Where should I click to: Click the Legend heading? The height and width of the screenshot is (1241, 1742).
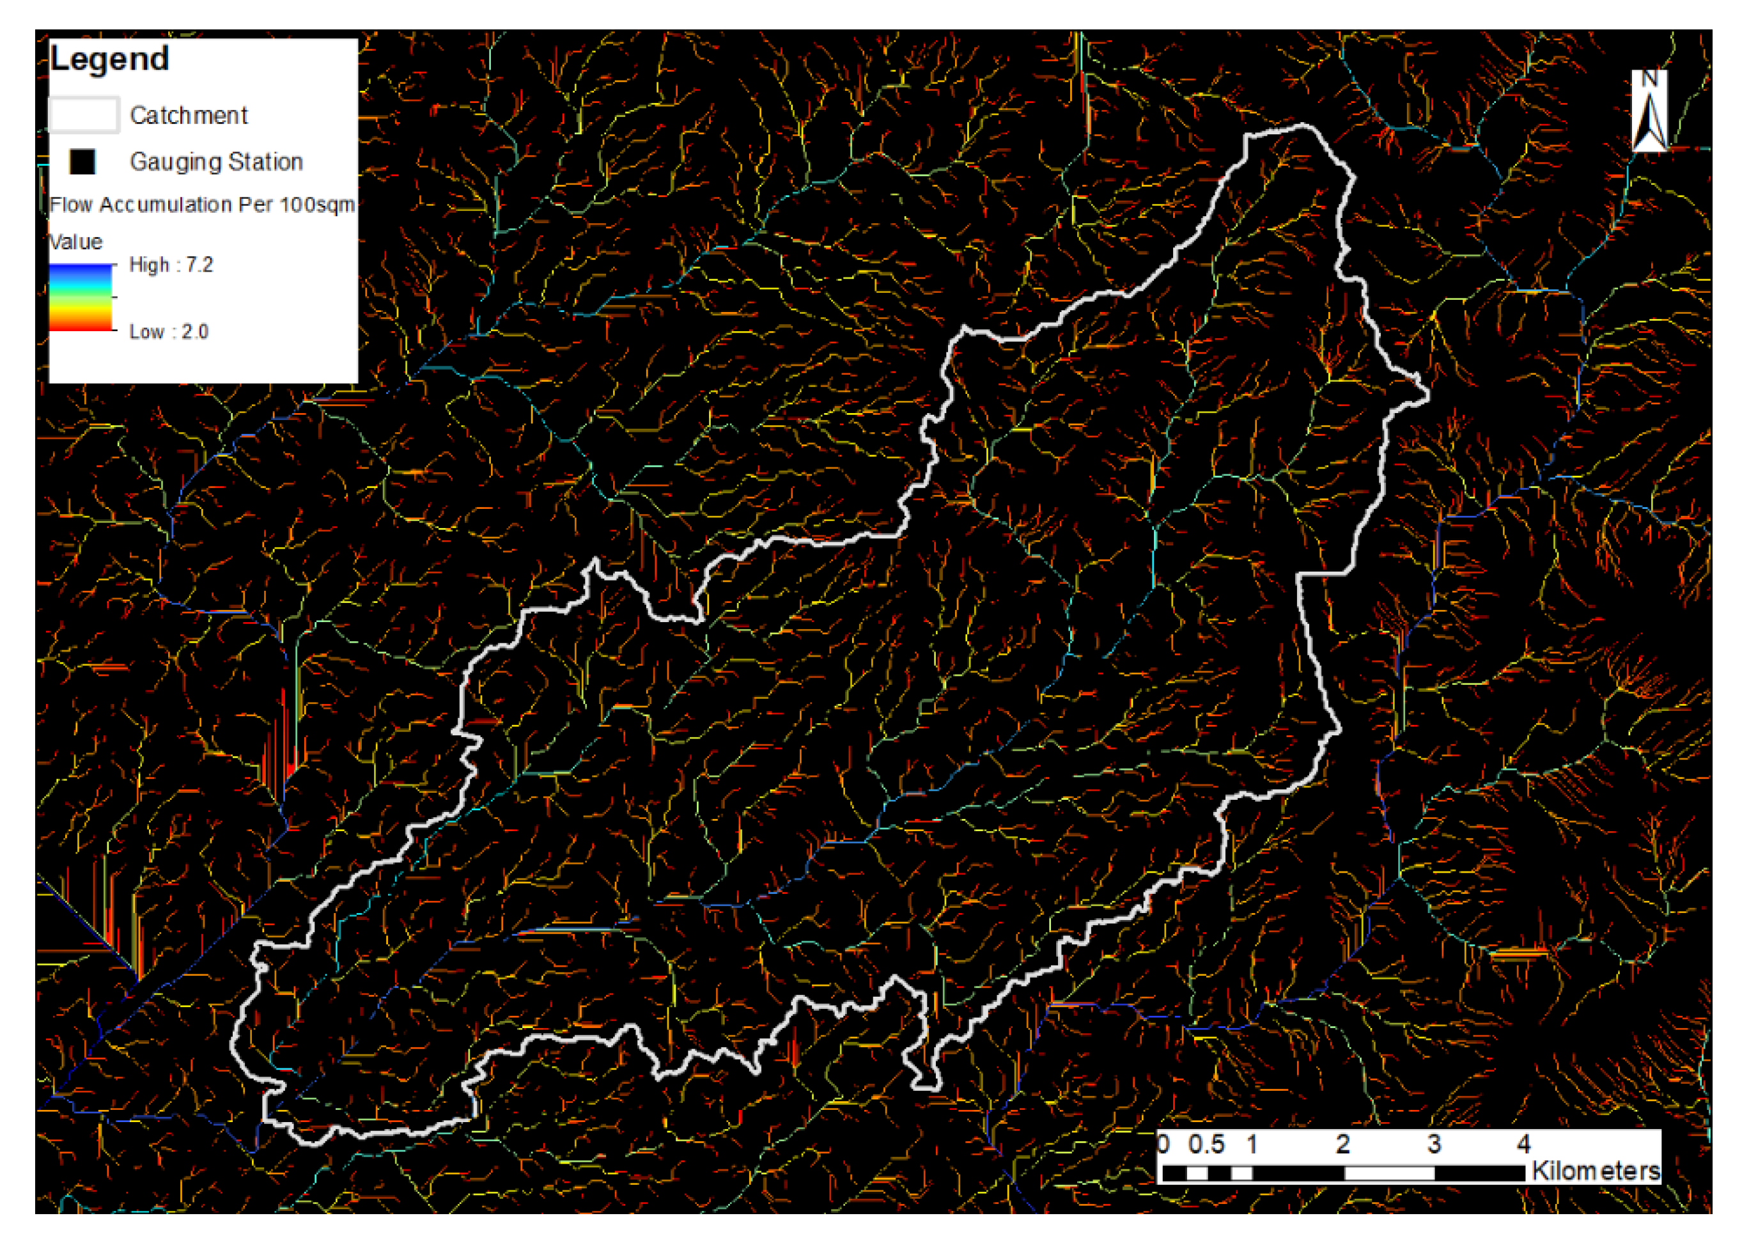[x=109, y=59]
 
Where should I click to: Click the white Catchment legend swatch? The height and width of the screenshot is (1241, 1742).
[x=84, y=115]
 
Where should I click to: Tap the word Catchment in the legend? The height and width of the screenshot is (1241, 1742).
[x=189, y=115]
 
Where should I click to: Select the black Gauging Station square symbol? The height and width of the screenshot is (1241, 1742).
[x=82, y=161]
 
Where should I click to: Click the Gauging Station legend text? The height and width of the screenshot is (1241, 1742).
[x=216, y=161]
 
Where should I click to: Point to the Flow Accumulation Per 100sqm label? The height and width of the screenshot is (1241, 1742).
[x=203, y=205]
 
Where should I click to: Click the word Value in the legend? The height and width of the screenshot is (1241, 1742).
[x=75, y=242]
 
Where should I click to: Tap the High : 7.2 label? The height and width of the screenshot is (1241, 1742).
[x=171, y=265]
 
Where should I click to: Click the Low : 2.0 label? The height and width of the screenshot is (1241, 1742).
[x=169, y=332]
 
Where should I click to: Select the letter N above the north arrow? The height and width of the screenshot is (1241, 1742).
[x=1649, y=79]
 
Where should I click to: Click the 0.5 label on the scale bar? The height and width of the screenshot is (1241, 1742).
[x=1206, y=1144]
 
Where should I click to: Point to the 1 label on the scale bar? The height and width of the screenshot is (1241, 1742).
[x=1252, y=1144]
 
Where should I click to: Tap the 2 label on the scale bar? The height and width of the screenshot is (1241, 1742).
[x=1342, y=1144]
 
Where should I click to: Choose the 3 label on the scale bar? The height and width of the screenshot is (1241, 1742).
[x=1434, y=1144]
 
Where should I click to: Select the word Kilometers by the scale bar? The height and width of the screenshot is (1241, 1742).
[x=1596, y=1171]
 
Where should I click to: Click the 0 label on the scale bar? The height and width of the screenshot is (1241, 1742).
[x=1163, y=1144]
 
